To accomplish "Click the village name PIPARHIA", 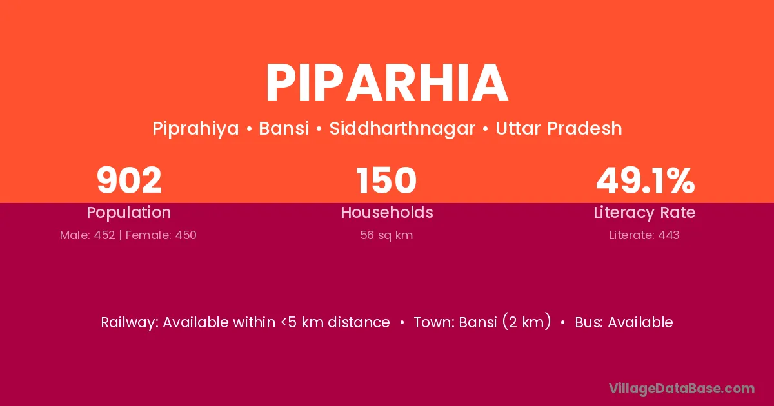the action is click(x=387, y=83).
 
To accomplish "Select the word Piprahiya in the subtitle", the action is click(x=195, y=129).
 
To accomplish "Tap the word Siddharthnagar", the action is click(x=402, y=128).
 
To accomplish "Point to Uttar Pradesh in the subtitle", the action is click(x=559, y=128).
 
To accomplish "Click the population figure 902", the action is click(x=129, y=180).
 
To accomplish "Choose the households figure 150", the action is click(x=386, y=180).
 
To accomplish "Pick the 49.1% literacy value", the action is click(x=645, y=180).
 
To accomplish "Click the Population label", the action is click(x=129, y=213).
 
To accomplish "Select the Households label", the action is click(x=387, y=212).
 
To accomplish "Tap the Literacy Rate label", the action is click(x=645, y=213).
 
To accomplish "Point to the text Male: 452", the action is click(x=88, y=235).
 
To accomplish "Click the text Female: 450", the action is click(x=161, y=235).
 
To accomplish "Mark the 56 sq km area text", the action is click(x=386, y=235).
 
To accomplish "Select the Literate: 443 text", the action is click(x=644, y=235).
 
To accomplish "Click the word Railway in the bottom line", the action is click(x=129, y=323).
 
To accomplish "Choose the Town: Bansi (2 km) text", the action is click(x=482, y=322).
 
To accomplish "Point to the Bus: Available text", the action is click(x=624, y=322).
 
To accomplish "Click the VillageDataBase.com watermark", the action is click(x=682, y=389).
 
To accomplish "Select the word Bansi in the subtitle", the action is click(x=284, y=128).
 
